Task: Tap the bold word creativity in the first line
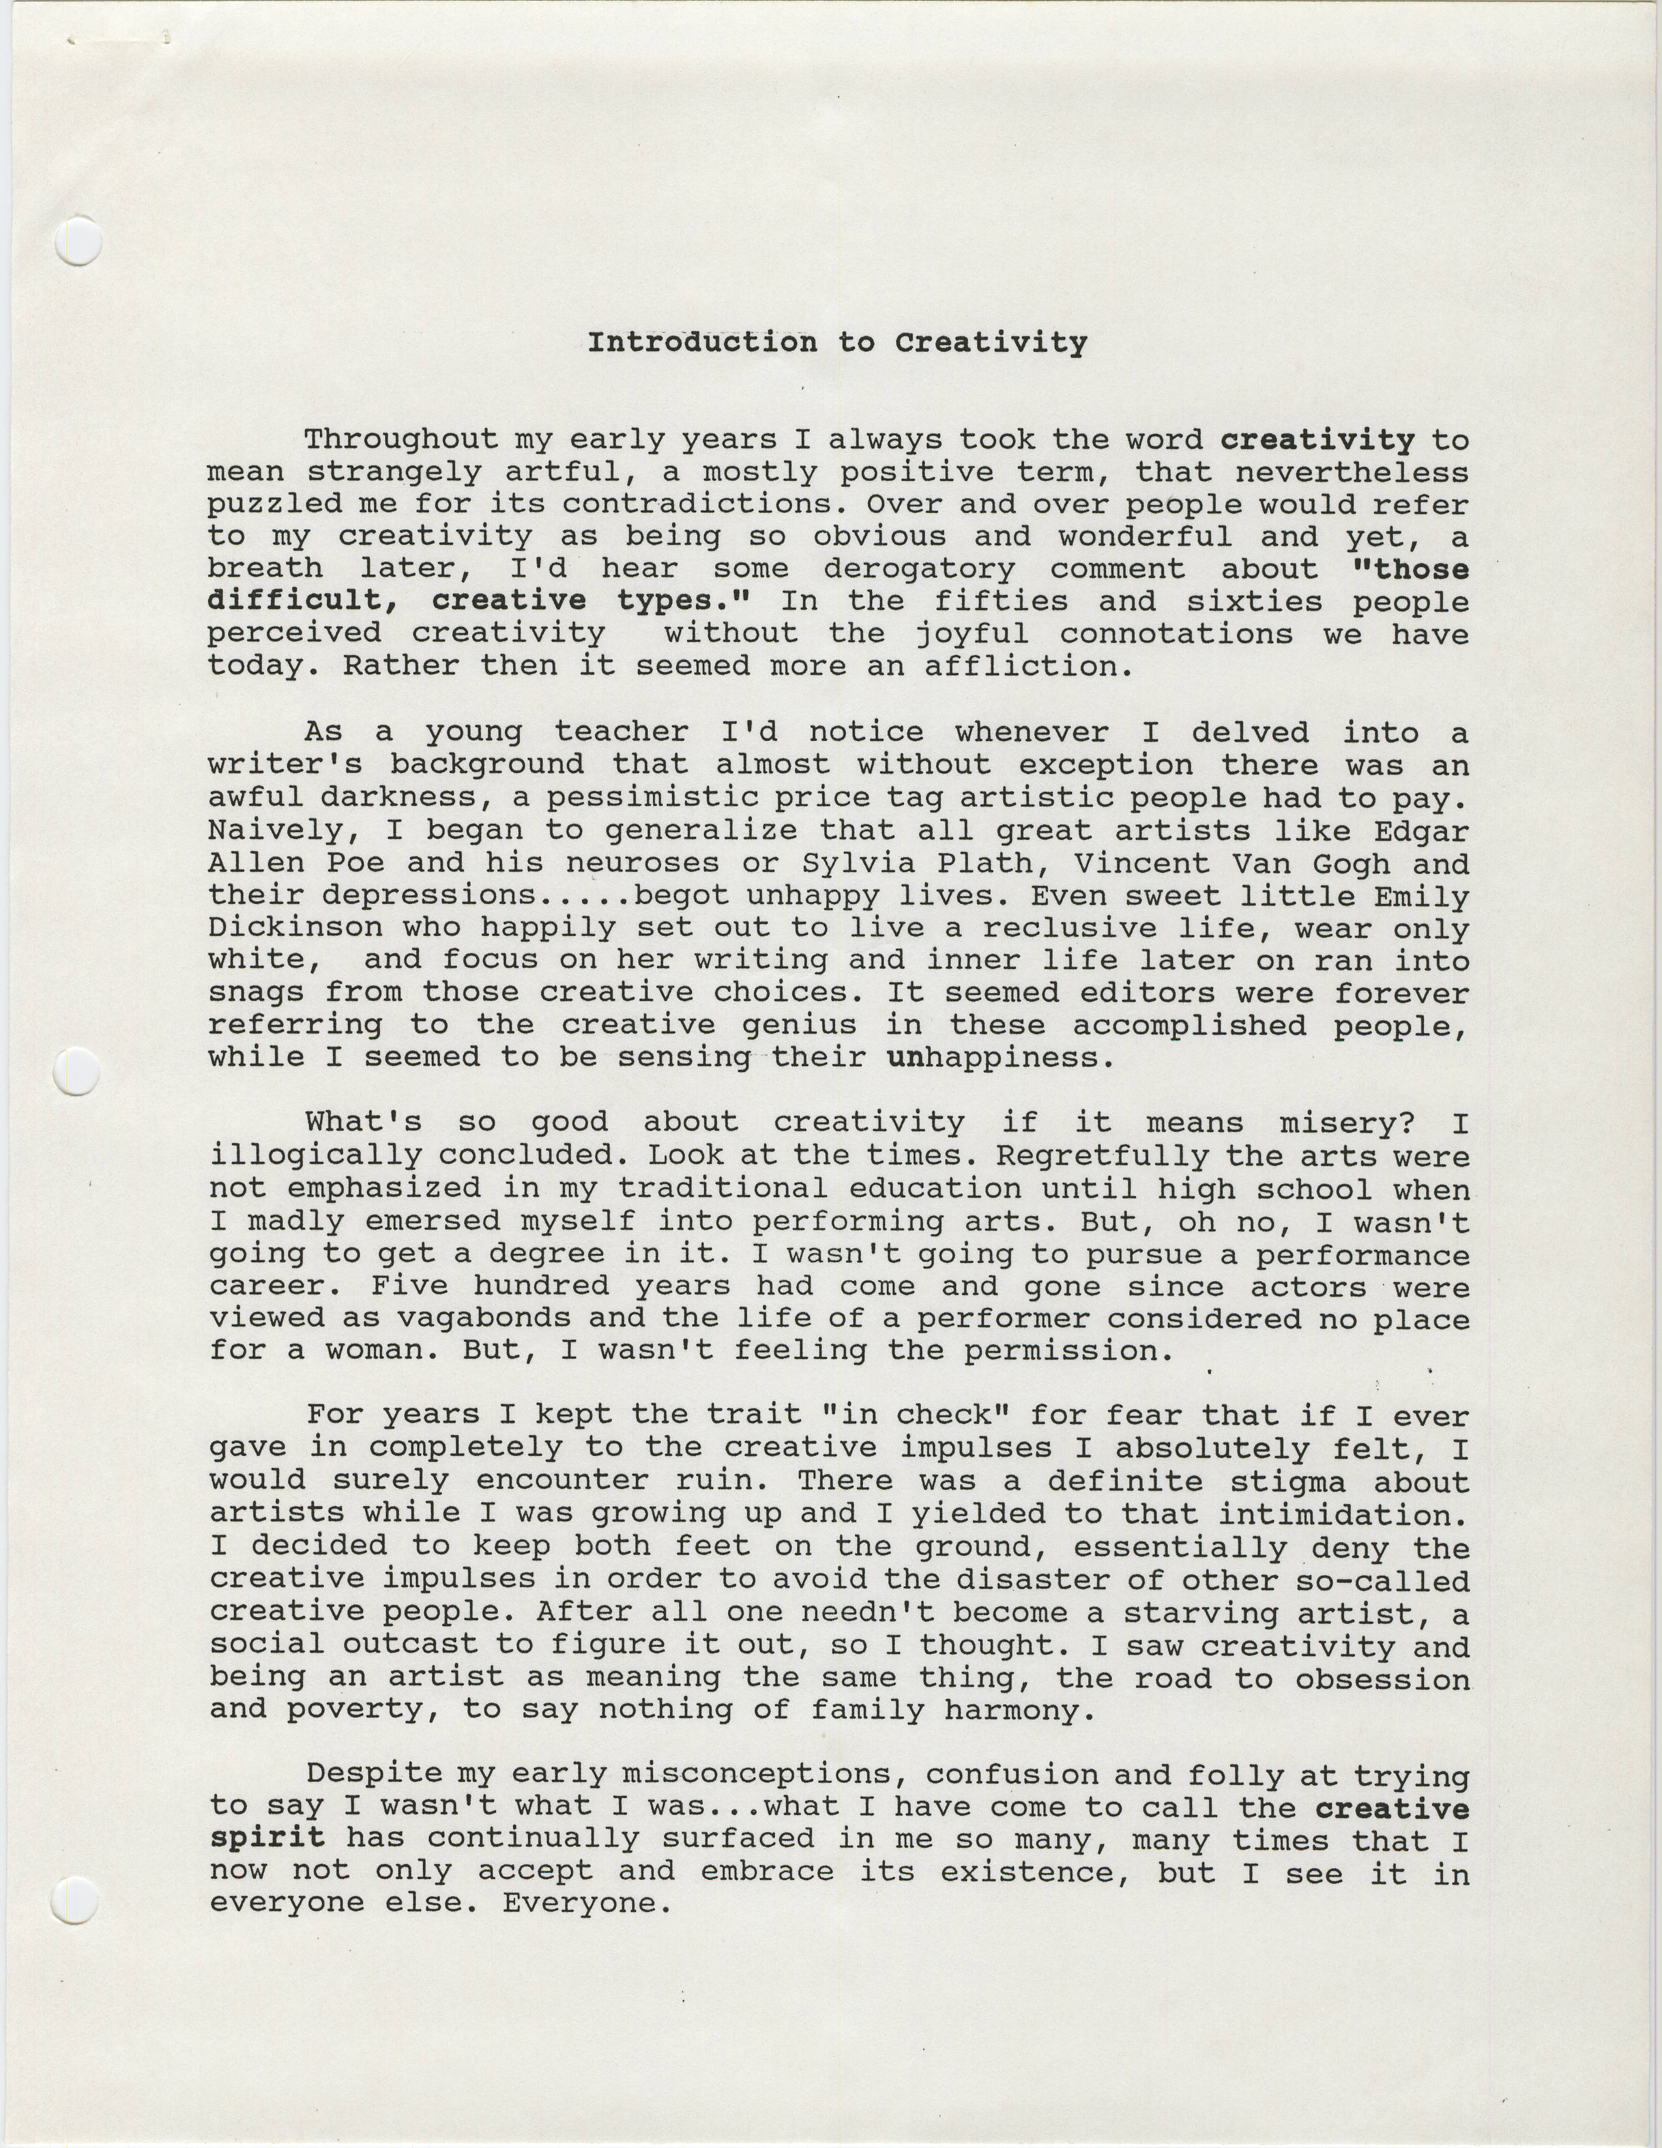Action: point(1317,440)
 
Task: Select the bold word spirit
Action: point(267,1838)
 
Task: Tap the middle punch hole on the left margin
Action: point(78,1072)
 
